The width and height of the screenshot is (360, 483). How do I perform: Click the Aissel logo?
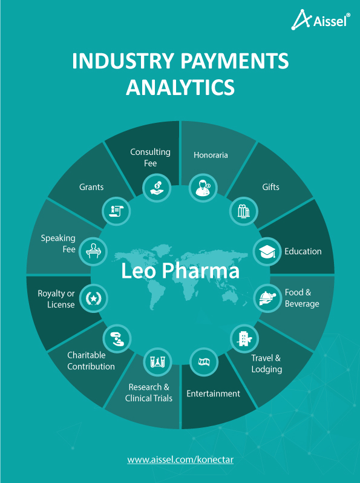click(x=321, y=20)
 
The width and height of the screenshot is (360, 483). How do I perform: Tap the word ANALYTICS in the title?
click(x=180, y=87)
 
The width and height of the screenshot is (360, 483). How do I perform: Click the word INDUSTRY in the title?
click(x=123, y=61)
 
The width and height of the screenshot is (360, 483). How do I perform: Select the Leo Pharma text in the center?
click(x=180, y=271)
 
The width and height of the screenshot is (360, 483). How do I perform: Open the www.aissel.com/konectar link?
click(x=180, y=460)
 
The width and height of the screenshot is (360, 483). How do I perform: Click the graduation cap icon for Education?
click(x=267, y=251)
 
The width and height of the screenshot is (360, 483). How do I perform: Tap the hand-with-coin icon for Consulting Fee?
click(x=157, y=188)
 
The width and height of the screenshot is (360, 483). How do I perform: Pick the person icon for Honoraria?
click(x=203, y=188)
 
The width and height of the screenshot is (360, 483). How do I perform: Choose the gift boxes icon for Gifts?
click(x=244, y=211)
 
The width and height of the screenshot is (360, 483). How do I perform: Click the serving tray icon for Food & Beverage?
click(x=267, y=298)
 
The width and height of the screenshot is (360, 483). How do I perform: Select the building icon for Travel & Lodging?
click(x=244, y=338)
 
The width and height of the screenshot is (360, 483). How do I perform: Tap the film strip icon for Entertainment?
click(x=204, y=362)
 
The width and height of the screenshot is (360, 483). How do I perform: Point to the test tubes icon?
click(x=157, y=361)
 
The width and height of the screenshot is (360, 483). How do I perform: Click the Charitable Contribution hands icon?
click(x=117, y=338)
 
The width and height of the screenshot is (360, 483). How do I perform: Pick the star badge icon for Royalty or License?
click(x=93, y=298)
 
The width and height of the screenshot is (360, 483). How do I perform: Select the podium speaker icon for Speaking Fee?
click(x=93, y=251)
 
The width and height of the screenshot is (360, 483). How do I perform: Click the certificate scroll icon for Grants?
click(x=116, y=211)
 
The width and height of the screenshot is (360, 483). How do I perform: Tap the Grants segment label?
click(x=91, y=187)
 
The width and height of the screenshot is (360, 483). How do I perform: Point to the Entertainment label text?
click(x=213, y=393)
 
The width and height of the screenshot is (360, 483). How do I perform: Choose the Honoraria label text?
click(x=211, y=155)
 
